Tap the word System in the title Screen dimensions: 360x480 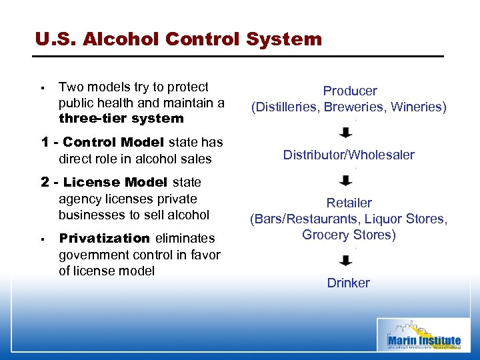pos(284,39)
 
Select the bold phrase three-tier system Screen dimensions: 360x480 pos(121,119)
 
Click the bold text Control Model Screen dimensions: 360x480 pos(114,142)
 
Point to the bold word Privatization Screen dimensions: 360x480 pos(104,238)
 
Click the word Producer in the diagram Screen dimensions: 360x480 pos(350,91)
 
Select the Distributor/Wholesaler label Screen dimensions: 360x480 pos(349,155)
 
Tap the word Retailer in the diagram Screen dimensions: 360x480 pos(349,203)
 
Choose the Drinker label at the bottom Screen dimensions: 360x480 pos(348,283)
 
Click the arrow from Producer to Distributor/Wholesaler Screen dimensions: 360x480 pos(347,132)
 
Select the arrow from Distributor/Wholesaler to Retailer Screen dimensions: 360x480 pos(347,180)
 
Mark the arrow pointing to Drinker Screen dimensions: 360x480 pos(347,260)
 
